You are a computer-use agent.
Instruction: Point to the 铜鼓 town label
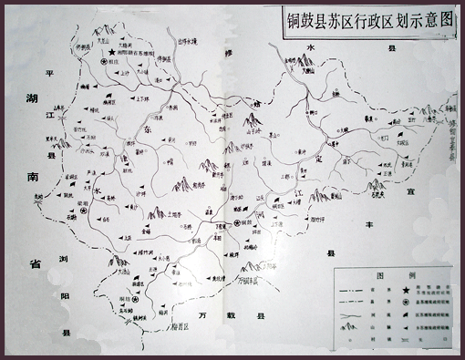point(243,222)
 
